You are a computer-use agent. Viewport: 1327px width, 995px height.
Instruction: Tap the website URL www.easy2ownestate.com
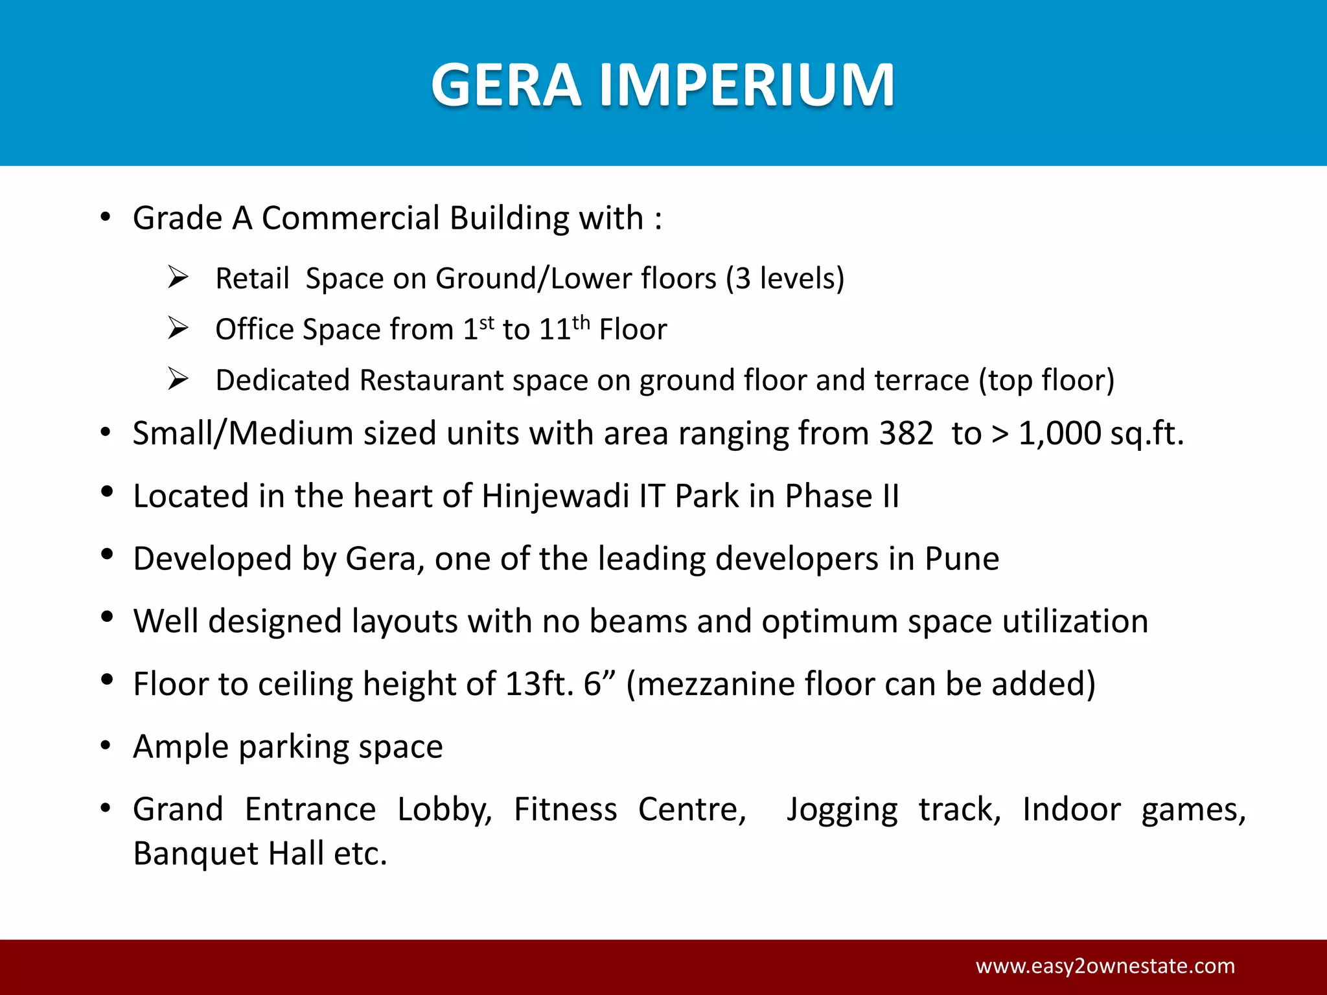pyautogui.click(x=1105, y=966)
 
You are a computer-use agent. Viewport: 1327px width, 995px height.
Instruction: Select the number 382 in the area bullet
pyautogui.click(x=906, y=433)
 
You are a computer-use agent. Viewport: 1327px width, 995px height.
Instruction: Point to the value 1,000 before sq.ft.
pyautogui.click(x=1059, y=433)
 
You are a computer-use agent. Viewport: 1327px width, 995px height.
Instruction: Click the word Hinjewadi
pyautogui.click(x=555, y=496)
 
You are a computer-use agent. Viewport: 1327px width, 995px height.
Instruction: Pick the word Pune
pyautogui.click(x=962, y=558)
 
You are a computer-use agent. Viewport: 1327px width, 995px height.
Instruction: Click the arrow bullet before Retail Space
pyautogui.click(x=178, y=277)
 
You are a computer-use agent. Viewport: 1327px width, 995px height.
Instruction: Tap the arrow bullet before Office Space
pyautogui.click(x=178, y=328)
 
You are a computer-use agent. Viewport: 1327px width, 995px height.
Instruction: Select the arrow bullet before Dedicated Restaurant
pyautogui.click(x=178, y=378)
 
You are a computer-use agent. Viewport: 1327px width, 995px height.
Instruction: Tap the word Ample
pyautogui.click(x=181, y=747)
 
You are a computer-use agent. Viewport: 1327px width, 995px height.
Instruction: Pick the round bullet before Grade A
pyautogui.click(x=106, y=218)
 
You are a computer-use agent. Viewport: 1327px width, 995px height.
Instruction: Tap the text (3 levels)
pyautogui.click(x=785, y=279)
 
